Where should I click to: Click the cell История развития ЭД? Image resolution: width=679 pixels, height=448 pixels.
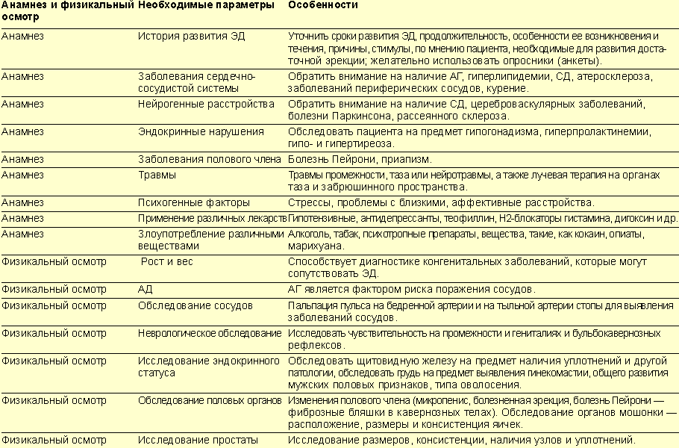tap(192, 36)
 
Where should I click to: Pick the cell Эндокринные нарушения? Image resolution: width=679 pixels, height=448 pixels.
tap(201, 131)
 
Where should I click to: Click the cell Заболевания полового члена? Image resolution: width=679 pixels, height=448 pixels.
tap(210, 159)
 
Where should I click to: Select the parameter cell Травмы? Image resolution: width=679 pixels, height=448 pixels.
tap(157, 175)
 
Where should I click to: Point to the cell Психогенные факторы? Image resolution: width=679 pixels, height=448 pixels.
tap(194, 202)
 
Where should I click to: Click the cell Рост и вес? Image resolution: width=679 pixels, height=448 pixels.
tap(166, 262)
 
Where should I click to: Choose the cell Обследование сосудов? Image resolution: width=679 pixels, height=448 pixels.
tap(195, 305)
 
